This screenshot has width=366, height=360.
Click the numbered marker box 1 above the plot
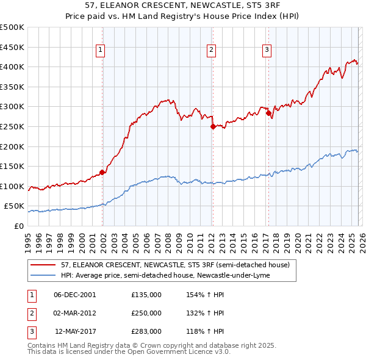click(100, 51)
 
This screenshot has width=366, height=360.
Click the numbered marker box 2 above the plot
click(211, 51)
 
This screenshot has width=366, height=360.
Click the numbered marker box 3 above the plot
click(267, 51)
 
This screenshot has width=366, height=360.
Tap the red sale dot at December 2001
click(102, 172)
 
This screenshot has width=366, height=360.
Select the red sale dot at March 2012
click(213, 127)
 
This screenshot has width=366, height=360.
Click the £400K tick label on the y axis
click(12, 67)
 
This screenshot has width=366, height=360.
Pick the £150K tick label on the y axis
click(12, 166)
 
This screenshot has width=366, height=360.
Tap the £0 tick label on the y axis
click(18, 226)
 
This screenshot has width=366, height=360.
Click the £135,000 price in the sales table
click(146, 294)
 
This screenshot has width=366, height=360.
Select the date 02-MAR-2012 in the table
click(74, 313)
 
